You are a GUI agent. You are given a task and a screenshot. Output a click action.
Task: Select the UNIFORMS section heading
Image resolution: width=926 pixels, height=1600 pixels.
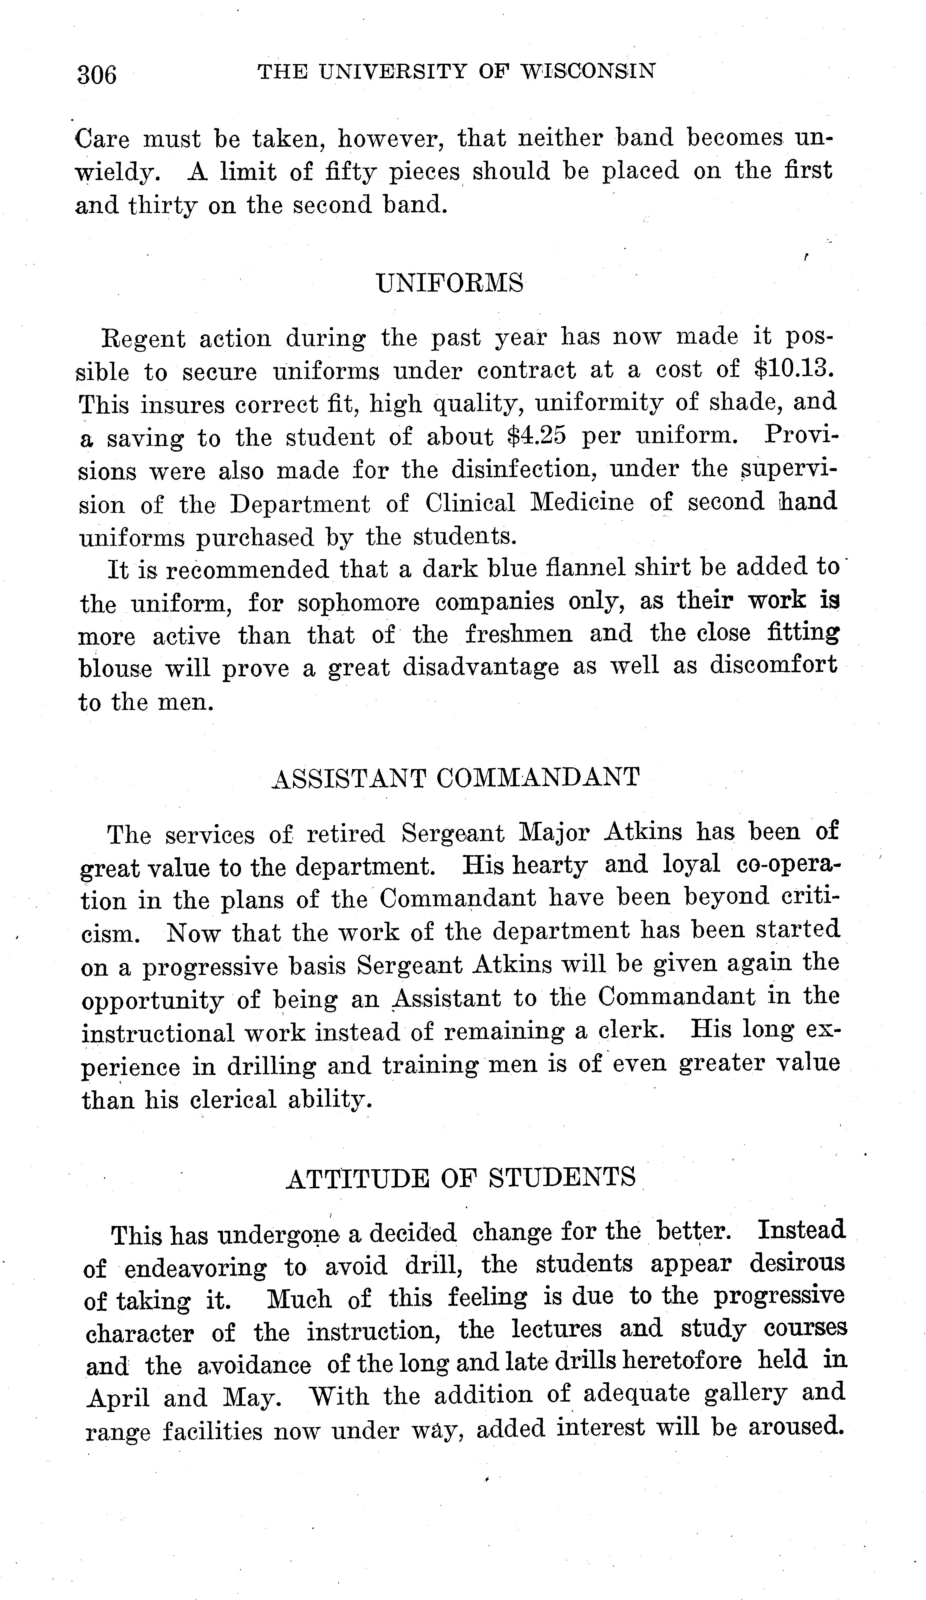[x=450, y=282]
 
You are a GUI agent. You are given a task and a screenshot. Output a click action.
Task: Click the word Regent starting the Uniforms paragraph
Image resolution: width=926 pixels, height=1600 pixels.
[x=144, y=339]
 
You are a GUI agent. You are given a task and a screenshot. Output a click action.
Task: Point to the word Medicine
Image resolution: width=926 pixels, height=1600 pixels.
[x=582, y=503]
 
